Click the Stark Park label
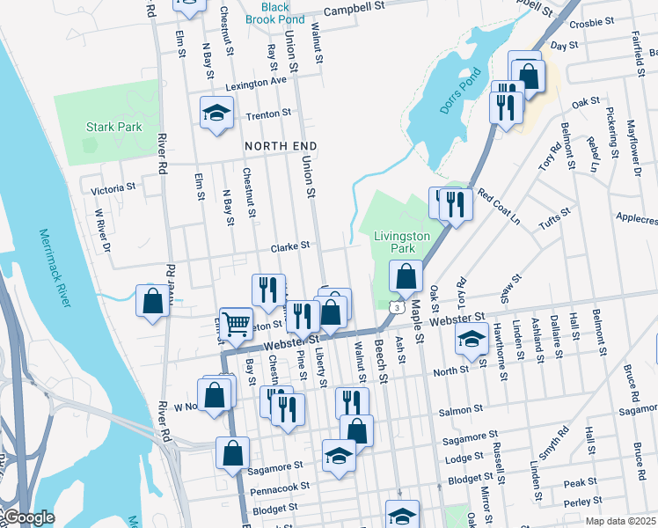point(114,127)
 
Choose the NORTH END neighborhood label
point(280,145)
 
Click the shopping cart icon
point(236,325)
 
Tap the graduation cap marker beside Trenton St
point(216,113)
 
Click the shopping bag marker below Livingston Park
point(405,278)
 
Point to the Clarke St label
point(291,246)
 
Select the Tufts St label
point(554,217)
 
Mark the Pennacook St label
point(281,486)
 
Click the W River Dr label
point(103,229)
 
